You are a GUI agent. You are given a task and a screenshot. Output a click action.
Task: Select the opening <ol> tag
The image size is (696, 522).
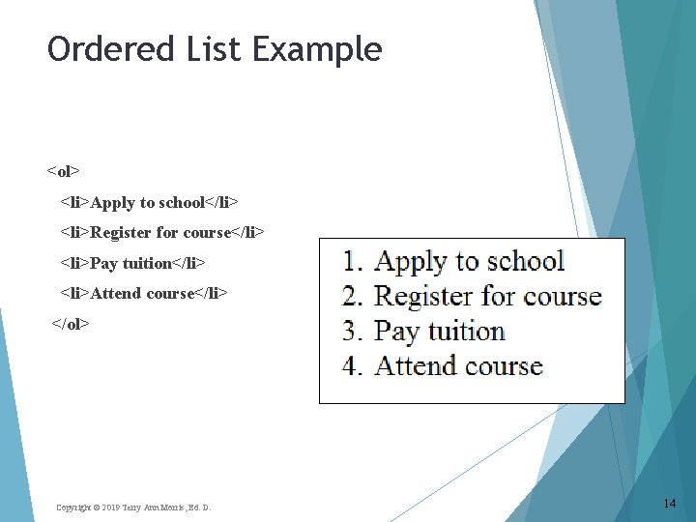click(63, 172)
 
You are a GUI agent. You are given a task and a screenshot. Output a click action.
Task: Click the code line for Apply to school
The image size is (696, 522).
click(149, 202)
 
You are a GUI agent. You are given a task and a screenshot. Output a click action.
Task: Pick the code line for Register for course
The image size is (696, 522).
click(161, 232)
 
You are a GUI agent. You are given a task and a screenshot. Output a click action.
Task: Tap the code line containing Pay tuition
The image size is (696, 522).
click(132, 263)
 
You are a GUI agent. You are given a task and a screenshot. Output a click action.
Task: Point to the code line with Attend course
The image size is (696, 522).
click(144, 293)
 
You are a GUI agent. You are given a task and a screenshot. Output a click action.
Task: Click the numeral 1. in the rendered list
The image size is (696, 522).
click(354, 262)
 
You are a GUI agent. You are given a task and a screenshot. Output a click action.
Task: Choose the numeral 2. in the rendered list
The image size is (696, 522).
click(354, 297)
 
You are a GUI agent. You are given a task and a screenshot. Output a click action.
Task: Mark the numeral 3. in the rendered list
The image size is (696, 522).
click(354, 332)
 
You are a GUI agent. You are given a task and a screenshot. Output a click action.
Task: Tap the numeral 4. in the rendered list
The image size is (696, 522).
click(354, 366)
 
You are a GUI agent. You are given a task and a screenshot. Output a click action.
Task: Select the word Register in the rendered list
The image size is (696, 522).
click(419, 297)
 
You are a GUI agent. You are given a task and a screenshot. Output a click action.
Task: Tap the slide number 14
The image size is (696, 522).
click(670, 504)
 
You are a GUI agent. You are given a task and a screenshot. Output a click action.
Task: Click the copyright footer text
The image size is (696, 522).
click(133, 507)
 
